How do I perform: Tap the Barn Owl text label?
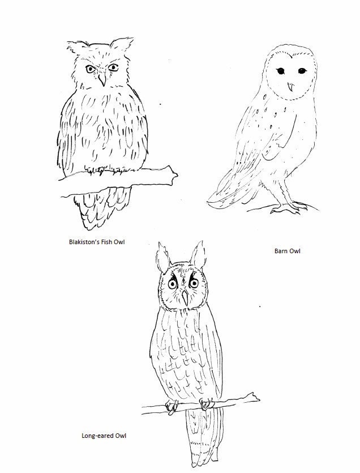287,250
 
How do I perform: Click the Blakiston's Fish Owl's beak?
102,80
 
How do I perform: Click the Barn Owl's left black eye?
280,71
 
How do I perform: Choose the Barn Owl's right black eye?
298,72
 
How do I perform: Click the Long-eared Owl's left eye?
173,284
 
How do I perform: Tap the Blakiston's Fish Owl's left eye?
90,69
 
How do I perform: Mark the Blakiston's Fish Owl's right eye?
113,67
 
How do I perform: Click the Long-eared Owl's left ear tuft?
162,258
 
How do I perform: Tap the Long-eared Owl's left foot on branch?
172,405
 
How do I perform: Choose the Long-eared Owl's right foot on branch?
207,403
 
